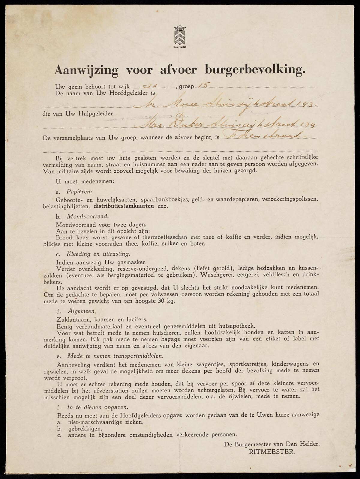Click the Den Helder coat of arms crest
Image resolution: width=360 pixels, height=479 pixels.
click(x=180, y=36)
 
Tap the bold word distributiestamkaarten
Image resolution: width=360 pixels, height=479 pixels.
click(x=124, y=206)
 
